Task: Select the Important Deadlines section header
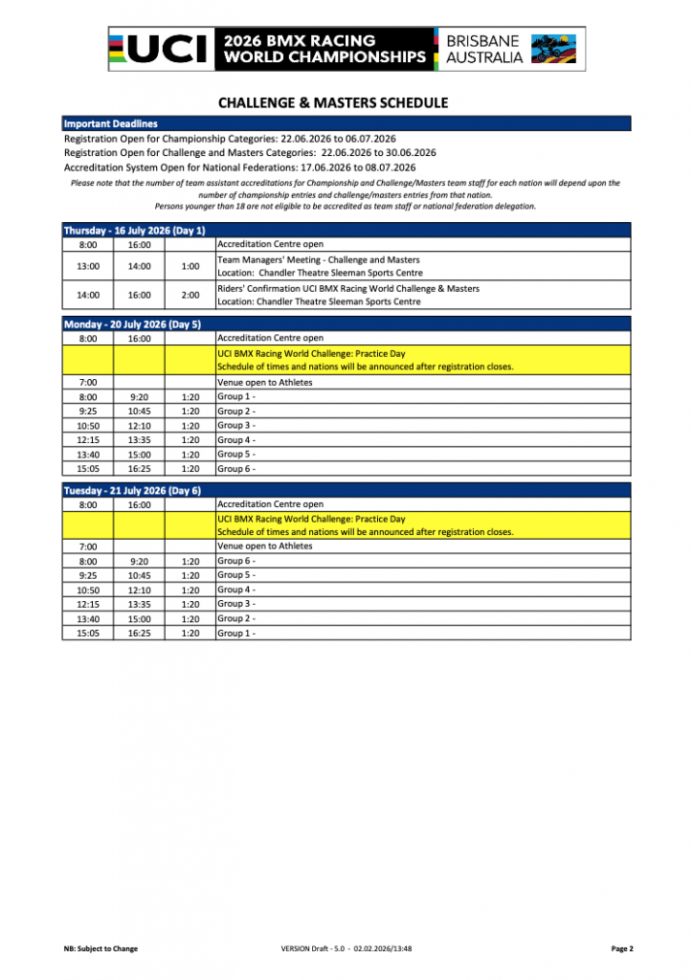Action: click(x=110, y=123)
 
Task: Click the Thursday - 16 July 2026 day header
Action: click(x=134, y=231)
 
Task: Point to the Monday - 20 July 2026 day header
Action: click(x=132, y=324)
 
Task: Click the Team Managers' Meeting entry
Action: click(x=318, y=260)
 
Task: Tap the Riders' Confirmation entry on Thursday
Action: click(x=348, y=288)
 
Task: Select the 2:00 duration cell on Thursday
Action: click(x=190, y=295)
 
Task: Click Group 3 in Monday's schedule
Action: click(x=235, y=425)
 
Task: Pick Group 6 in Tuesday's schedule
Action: click(x=235, y=561)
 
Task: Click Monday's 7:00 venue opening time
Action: click(x=88, y=383)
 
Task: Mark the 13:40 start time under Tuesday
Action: click(x=88, y=619)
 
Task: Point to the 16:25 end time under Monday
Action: click(x=139, y=469)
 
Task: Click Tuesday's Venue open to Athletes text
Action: click(x=265, y=546)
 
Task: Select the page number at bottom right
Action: click(x=621, y=948)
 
